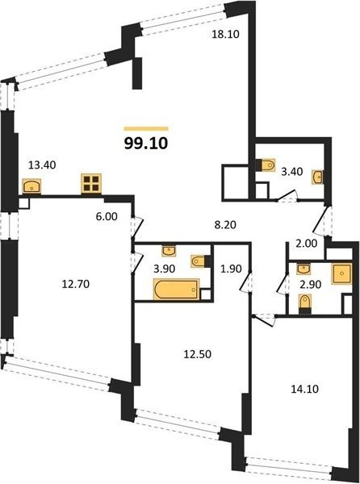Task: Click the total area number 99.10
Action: coord(146,144)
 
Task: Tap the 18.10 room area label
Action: coord(225,34)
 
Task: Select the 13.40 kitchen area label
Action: coord(42,165)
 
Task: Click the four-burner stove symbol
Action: coord(91,183)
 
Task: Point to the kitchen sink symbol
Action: coord(31,186)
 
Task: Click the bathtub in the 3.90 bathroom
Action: coord(176,290)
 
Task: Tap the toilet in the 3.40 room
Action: coord(266,165)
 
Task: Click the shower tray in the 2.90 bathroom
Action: coord(341,273)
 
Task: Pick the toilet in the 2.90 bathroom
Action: coord(305,303)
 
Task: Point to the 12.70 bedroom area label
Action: coord(76,284)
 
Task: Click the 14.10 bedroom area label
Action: coord(305,389)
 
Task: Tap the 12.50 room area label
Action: coord(198,354)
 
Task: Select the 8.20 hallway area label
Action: coord(225,225)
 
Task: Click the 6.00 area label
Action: coord(107,216)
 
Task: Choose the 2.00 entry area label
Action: coord(306,244)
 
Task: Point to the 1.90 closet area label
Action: coord(231,269)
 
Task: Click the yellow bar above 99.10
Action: coord(146,129)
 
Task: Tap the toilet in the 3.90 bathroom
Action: coord(199,261)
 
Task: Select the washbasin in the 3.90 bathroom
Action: coord(169,251)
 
